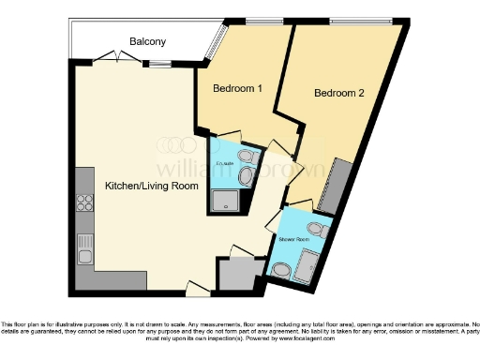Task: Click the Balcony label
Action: [x=147, y=41]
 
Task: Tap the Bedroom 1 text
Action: [x=236, y=88]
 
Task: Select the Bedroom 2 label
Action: [x=337, y=93]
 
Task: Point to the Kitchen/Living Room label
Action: [x=151, y=186]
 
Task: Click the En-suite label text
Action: [x=224, y=163]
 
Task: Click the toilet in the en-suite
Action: [x=246, y=157]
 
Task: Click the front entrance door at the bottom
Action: [x=198, y=288]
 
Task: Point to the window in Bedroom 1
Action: [x=256, y=20]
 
